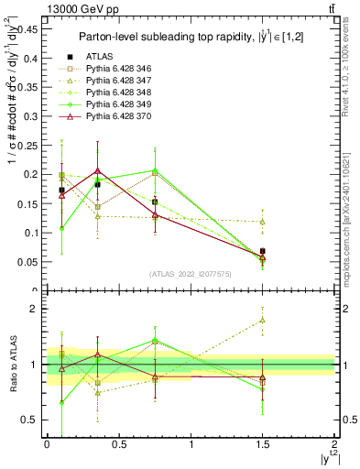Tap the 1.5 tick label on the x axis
[263, 443]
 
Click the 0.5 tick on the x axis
[119, 434]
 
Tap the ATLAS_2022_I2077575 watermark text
[189, 274]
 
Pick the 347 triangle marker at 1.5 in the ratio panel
[263, 320]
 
